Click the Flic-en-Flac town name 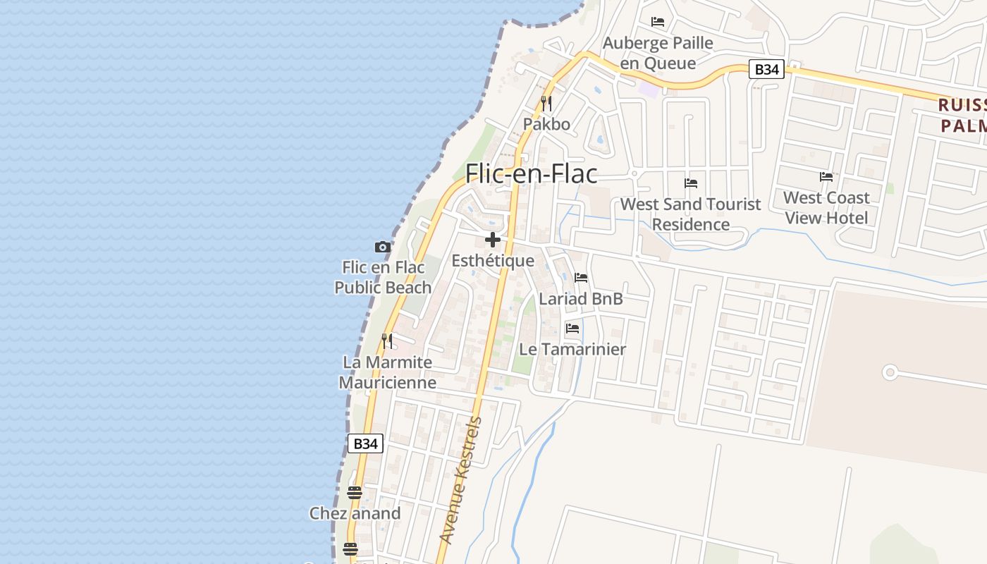pos(532,173)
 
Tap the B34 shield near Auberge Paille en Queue pos(766,69)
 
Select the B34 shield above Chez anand pos(365,443)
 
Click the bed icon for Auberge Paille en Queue pos(658,22)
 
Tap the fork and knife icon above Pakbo pos(546,104)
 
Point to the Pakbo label pos(546,124)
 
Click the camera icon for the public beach pos(383,247)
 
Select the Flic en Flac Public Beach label pos(383,277)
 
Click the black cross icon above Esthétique pos(493,240)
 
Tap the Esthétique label pos(493,261)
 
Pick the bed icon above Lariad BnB pos(581,278)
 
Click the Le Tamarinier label pos(572,349)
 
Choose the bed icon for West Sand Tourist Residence pos(691,183)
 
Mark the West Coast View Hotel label pos(826,207)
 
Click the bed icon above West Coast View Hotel pos(826,177)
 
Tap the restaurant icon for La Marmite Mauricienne pos(387,341)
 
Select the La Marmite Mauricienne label pos(387,372)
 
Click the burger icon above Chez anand pos(355,492)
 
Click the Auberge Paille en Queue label pos(658,53)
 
